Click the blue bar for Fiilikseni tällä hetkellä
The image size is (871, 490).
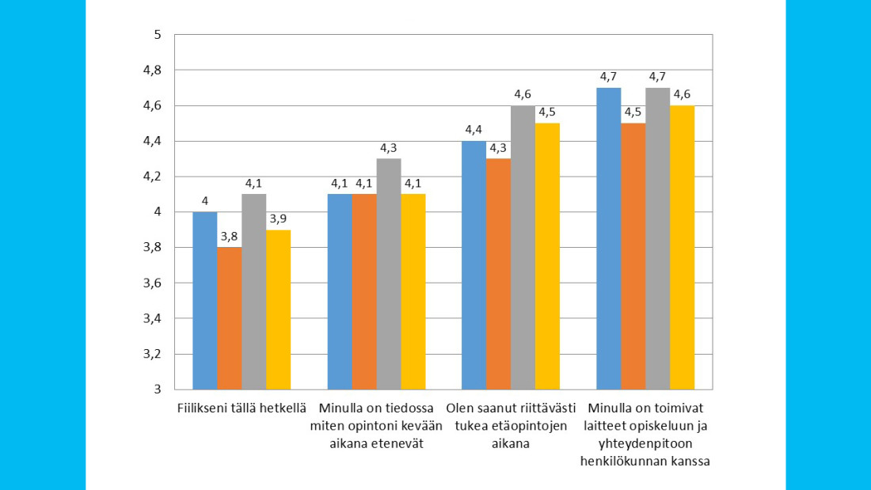coord(205,301)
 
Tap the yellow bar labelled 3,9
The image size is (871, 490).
coord(279,310)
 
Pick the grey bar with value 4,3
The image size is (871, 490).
coord(389,274)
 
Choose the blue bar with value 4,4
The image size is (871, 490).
coord(474,265)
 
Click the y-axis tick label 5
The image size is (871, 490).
coord(158,35)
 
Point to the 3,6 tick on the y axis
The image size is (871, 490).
coord(153,283)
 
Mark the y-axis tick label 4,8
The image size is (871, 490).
coord(153,70)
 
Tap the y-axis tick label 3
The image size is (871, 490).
coord(158,389)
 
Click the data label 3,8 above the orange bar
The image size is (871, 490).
coord(230,236)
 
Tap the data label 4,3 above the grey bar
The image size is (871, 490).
coord(389,147)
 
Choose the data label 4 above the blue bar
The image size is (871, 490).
coord(205,201)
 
